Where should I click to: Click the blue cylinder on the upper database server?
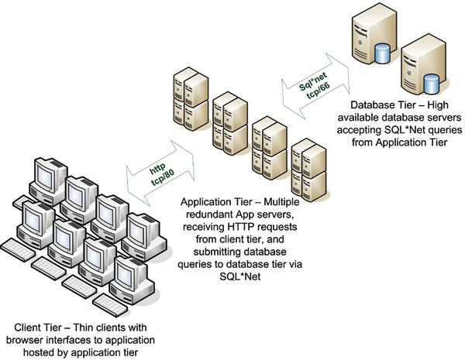pyautogui.click(x=380, y=53)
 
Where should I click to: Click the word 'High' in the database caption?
pyautogui.click(x=443, y=105)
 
